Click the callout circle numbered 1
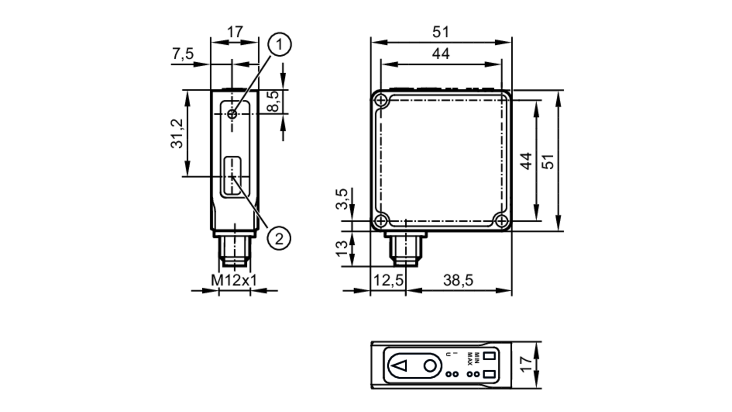click(280, 45)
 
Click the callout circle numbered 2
click(279, 239)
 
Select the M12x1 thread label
click(234, 280)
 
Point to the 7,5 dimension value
click(183, 54)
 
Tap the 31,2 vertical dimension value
click(177, 134)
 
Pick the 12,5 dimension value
click(388, 280)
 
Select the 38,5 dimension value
click(458, 280)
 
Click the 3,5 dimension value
click(342, 199)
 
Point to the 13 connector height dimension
click(342, 249)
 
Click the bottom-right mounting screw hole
click(501, 221)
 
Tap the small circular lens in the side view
click(232, 114)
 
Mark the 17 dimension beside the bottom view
click(526, 365)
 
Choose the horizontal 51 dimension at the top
click(440, 32)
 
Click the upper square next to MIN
click(489, 356)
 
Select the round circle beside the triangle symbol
click(430, 365)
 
